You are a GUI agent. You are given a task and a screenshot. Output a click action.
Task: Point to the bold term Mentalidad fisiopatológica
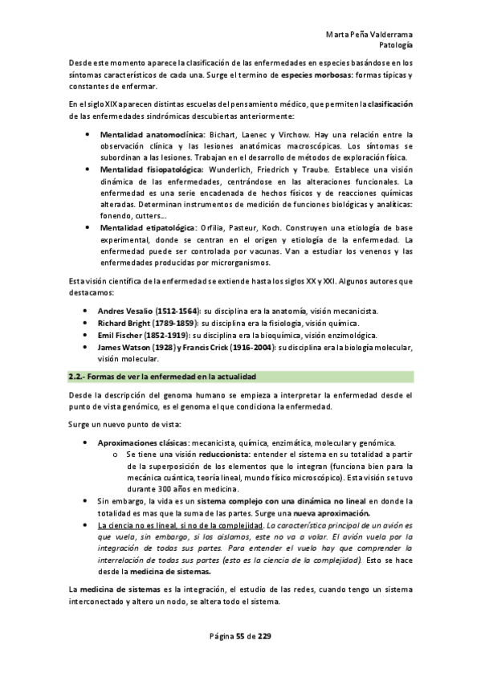tap(152, 169)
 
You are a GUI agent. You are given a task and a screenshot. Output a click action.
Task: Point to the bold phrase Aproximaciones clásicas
tap(143, 442)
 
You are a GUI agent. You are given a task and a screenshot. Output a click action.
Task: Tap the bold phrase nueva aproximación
tap(331, 512)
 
